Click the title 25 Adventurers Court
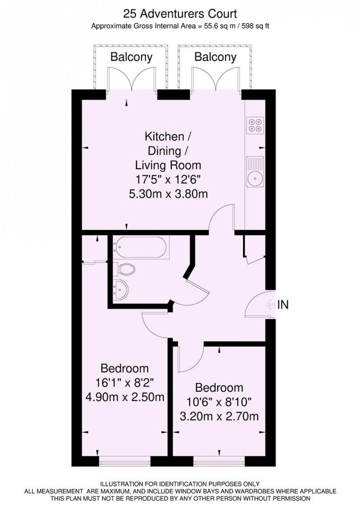[x=180, y=14]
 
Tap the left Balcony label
[x=131, y=57]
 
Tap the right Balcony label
[x=215, y=57]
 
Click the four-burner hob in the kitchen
[x=255, y=125]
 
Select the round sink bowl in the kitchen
[x=255, y=179]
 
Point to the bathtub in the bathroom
[x=141, y=247]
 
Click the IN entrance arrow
[x=270, y=304]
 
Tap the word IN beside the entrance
[x=283, y=304]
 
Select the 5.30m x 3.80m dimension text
[x=168, y=194]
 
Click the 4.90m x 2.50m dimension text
[x=125, y=397]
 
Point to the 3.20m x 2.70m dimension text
[x=219, y=417]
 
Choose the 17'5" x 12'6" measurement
[x=168, y=180]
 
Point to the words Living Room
[x=168, y=165]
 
